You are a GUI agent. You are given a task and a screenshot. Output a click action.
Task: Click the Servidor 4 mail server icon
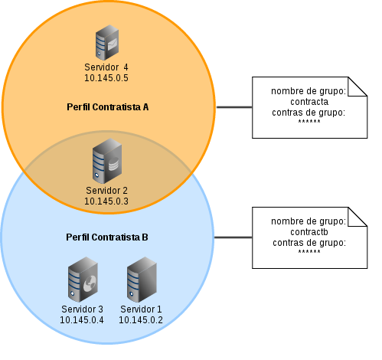tap(107, 42)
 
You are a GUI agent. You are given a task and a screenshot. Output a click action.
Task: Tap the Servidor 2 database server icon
tap(107, 161)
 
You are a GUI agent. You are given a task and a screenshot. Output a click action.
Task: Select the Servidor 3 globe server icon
tap(83, 280)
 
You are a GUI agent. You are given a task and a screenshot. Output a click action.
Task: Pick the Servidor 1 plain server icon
tap(142, 280)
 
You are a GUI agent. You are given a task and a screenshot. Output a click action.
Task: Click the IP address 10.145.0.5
tap(106, 78)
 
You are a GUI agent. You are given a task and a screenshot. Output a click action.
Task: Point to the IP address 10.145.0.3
tap(106, 201)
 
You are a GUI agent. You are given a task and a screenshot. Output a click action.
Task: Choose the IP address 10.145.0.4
tap(82, 319)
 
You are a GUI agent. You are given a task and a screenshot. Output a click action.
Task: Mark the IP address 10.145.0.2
tap(141, 319)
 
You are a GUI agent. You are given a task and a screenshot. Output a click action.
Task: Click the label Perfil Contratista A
tap(107, 107)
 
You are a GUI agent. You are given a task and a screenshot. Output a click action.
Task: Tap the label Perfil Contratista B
tap(107, 237)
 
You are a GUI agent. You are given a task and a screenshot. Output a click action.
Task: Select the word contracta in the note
tap(309, 102)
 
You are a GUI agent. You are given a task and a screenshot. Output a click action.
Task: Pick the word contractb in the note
tap(309, 232)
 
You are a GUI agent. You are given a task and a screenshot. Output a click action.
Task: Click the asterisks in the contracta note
tap(309, 122)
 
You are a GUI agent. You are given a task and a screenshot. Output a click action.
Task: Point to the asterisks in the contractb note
tap(309, 252)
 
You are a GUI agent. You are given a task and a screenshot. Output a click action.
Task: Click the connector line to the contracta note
tap(234, 107)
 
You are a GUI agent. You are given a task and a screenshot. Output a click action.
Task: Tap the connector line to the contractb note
tap(233, 237)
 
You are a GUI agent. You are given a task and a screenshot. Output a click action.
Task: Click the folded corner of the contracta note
tap(358, 87)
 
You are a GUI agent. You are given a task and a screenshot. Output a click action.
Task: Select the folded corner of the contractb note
tap(358, 217)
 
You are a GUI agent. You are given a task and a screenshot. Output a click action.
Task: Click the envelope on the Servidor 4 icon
tap(113, 44)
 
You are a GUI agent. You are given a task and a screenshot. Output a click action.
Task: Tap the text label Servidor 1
tap(141, 309)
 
